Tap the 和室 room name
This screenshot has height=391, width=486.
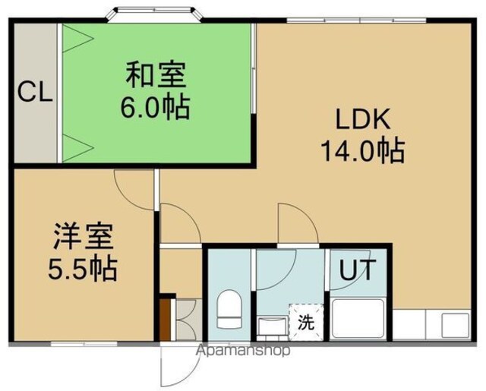point(156,74)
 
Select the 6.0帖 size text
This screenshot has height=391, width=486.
point(155,107)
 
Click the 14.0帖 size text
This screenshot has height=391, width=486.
point(363,151)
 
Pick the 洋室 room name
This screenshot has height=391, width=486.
point(84,236)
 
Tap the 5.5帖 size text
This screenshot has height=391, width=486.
point(83,268)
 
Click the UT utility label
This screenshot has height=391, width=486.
point(358,270)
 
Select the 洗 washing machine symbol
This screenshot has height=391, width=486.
point(306,322)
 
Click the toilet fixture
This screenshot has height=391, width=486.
point(229,309)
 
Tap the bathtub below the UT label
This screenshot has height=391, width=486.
point(358,319)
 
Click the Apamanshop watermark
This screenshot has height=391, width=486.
point(244,351)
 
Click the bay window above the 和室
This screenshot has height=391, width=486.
point(154,14)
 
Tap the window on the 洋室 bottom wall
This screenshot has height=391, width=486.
point(84,344)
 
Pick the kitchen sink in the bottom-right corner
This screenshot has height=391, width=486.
point(455,325)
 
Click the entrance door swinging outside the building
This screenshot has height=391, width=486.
point(180,366)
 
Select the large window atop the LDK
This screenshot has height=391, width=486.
point(356,20)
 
